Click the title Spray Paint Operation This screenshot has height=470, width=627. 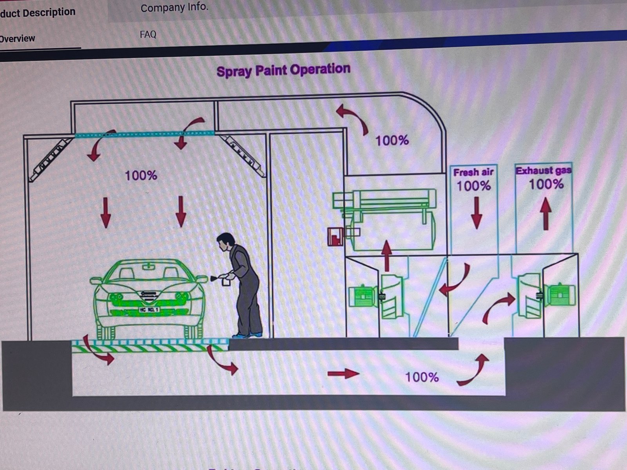coord(283,70)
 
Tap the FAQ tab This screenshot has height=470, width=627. coord(148,34)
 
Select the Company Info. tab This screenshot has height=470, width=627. coord(174,7)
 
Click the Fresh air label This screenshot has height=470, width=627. coord(473,172)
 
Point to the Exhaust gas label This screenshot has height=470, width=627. coord(544,170)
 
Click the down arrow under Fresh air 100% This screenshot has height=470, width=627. coord(477,213)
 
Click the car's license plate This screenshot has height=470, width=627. coord(149,310)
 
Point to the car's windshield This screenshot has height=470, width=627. coord(148,271)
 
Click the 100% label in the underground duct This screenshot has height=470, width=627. coord(422,377)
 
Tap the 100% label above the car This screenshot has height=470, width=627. coord(141,175)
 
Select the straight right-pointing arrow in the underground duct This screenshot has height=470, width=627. coord(343,374)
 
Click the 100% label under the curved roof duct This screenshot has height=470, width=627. coord(392,141)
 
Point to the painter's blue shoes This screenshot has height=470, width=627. coord(246,335)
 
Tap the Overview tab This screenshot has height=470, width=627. coord(17,39)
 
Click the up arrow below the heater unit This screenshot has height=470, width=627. coord(387,255)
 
